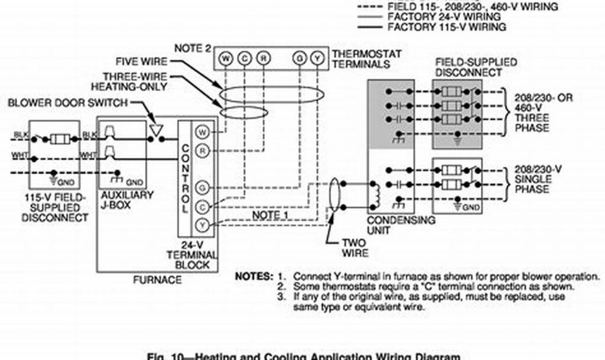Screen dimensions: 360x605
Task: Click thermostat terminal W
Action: (225, 58)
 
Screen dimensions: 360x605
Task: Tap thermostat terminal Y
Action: (318, 58)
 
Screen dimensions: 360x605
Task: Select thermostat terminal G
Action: (300, 58)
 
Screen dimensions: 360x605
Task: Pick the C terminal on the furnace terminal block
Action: (202, 206)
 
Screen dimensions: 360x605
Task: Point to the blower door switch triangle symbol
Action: (157, 129)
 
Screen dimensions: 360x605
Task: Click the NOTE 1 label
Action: (270, 215)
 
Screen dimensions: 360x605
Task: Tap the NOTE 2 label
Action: (192, 48)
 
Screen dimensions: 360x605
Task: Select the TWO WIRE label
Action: (354, 248)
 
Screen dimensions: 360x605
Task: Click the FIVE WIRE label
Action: (141, 61)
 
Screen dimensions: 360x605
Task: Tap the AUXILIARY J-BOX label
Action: (128, 200)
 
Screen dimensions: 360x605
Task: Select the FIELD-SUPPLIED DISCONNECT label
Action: (467, 67)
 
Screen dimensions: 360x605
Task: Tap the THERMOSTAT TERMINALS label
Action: (366, 59)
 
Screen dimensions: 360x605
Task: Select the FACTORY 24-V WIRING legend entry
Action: (432, 17)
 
